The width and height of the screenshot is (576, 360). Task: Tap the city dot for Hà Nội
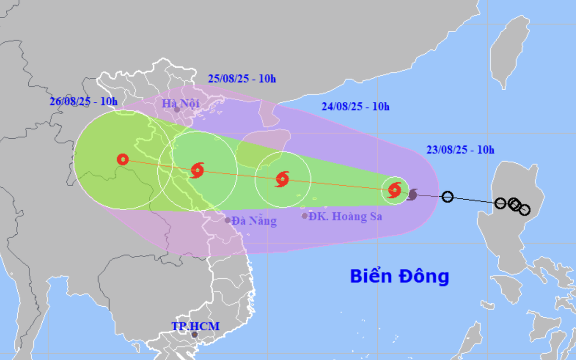coord(177,110)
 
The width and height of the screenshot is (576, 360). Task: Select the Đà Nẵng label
coord(254,221)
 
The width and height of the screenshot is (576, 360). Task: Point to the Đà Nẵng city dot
coord(228,220)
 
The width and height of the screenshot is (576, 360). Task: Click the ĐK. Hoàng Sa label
coord(345,216)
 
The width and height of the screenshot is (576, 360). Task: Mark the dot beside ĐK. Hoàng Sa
coord(304,216)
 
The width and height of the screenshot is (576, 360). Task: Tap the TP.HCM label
coord(195,326)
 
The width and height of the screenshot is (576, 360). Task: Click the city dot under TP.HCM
coord(194,335)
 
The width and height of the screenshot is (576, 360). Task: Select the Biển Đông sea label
coord(399,276)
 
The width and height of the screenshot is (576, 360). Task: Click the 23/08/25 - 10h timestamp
coord(460,150)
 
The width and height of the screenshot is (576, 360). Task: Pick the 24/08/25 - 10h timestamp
coord(356,107)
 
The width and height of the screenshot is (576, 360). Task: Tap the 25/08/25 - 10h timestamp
coord(242,79)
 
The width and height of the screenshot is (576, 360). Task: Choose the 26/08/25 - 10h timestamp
coord(84,101)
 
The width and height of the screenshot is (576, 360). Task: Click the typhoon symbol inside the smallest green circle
coord(395,191)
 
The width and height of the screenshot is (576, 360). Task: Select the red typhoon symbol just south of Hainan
coord(282,180)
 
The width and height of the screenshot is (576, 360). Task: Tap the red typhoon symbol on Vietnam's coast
coord(197,170)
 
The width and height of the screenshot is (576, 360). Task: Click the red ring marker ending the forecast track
coord(123,159)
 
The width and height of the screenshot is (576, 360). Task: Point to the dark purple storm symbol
coord(412,194)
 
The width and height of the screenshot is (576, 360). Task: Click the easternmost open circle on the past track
coord(524,210)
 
